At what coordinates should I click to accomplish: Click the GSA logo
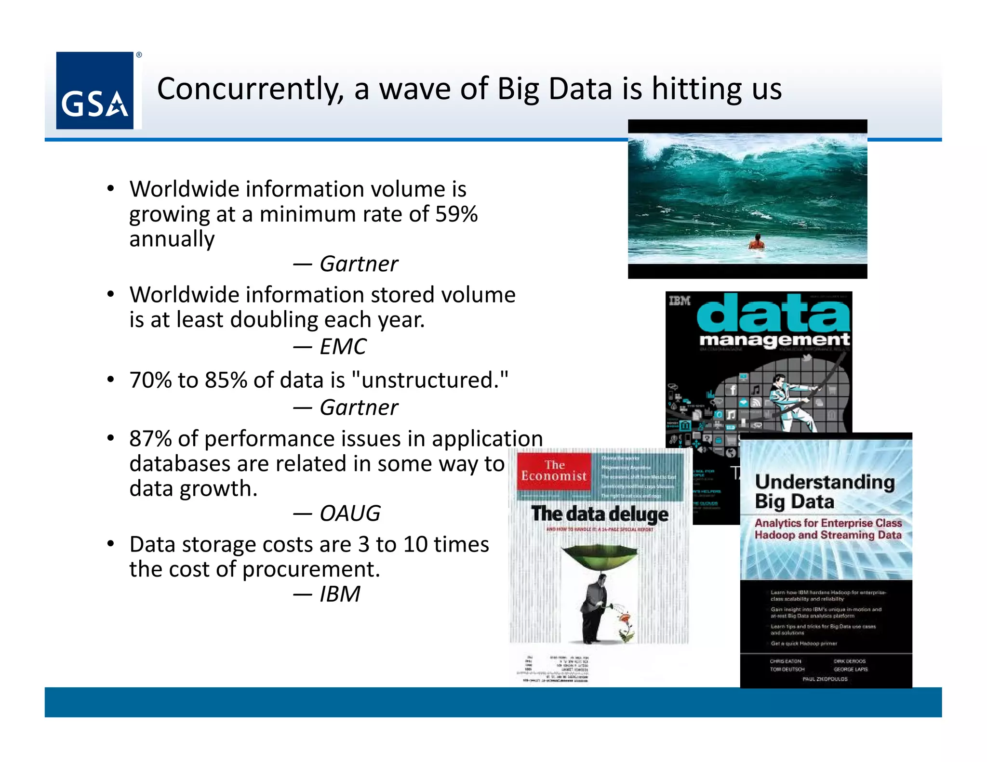pyautogui.click(x=95, y=91)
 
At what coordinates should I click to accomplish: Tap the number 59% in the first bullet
pyautogui.click(x=456, y=214)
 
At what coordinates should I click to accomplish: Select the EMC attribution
pyautogui.click(x=343, y=346)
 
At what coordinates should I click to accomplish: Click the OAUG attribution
pyautogui.click(x=350, y=513)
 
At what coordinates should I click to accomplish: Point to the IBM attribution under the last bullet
pyautogui.click(x=340, y=594)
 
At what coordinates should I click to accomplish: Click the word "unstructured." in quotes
pyautogui.click(x=430, y=380)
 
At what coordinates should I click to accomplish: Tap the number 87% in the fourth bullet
pyautogui.click(x=150, y=439)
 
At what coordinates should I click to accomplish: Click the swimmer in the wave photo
pyautogui.click(x=757, y=242)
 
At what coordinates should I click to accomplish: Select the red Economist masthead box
pyautogui.click(x=554, y=471)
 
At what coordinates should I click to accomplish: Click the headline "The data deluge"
pyautogui.click(x=600, y=514)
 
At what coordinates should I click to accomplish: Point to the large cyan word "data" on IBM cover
pyautogui.click(x=773, y=313)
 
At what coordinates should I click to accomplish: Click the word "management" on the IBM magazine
pyautogui.click(x=774, y=340)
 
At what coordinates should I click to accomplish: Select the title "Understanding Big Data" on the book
pyautogui.click(x=824, y=491)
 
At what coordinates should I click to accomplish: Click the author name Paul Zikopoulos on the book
pyautogui.click(x=825, y=679)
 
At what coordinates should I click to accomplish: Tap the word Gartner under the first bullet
pyautogui.click(x=359, y=264)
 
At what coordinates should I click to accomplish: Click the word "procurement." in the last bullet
pyautogui.click(x=311, y=569)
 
